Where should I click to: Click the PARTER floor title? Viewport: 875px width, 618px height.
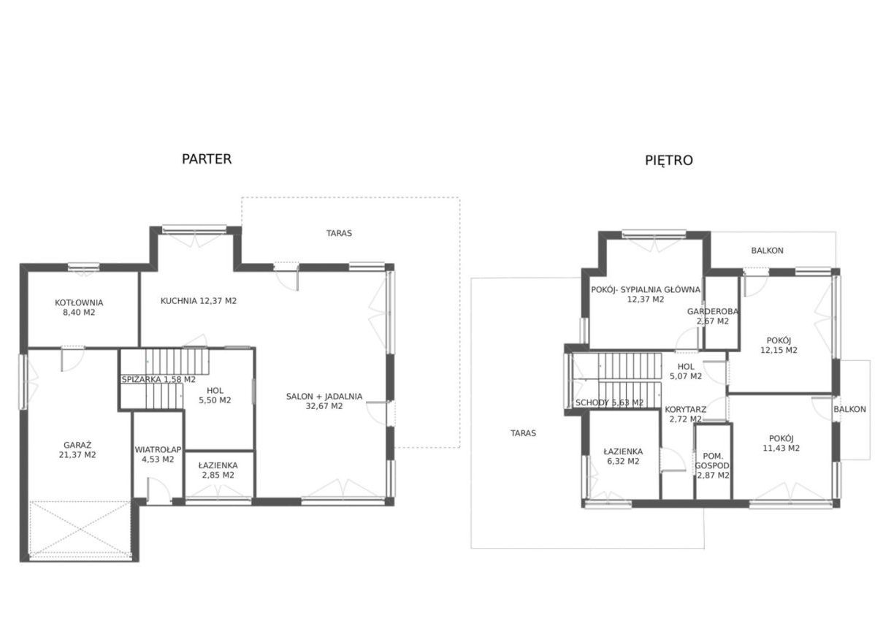(207, 159)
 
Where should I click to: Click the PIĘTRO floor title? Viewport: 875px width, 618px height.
(669, 161)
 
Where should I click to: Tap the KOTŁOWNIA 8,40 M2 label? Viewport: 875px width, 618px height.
(79, 308)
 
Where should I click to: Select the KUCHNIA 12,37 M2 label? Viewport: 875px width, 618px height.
(199, 301)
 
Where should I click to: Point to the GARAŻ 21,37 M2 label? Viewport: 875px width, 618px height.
(77, 450)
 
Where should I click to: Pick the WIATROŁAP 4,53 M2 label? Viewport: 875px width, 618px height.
(158, 454)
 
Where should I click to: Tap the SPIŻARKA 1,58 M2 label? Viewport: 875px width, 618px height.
(158, 380)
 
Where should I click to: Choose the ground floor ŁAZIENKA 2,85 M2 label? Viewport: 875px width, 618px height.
(218, 470)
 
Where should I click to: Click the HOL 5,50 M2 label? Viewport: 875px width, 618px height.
(215, 395)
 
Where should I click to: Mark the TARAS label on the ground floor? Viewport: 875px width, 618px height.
(340, 233)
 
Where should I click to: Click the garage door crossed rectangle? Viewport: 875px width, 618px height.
(80, 529)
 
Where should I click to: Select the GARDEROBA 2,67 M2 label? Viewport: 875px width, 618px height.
(713, 316)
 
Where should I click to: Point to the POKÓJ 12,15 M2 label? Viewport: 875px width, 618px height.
(779, 346)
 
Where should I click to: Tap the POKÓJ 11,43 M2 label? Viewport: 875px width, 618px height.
(782, 443)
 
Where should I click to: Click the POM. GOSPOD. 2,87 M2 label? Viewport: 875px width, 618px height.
(713, 465)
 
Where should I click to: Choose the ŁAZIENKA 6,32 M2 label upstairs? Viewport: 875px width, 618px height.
(623, 456)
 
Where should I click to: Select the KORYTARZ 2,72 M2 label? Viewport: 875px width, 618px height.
(686, 414)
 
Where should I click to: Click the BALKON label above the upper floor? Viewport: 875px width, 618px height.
(768, 251)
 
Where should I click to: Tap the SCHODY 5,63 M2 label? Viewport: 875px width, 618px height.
(609, 403)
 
